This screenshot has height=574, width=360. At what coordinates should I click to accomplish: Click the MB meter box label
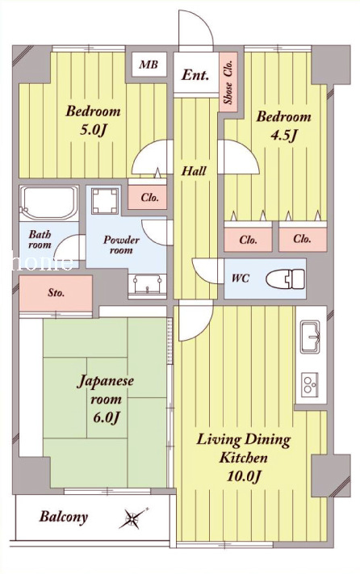click(149, 65)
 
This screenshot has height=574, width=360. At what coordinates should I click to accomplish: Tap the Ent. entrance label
click(195, 75)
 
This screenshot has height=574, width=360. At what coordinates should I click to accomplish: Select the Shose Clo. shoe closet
click(228, 82)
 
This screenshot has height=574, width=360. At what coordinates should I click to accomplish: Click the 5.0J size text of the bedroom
click(93, 130)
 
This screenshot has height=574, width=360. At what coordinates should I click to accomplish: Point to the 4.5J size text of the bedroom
click(283, 136)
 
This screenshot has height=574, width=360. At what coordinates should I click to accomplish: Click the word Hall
click(194, 170)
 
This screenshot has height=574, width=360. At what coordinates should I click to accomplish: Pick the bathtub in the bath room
click(49, 203)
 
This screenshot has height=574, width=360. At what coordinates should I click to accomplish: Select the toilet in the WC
click(285, 279)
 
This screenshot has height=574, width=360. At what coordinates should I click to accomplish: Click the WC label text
click(241, 279)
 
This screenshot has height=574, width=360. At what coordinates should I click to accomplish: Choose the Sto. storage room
click(56, 293)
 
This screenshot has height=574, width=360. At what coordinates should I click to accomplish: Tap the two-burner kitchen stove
click(310, 384)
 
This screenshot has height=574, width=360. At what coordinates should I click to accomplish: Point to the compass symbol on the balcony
click(133, 518)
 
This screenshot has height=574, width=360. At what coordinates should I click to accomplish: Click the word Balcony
click(64, 517)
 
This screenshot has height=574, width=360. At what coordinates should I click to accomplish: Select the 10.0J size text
click(243, 476)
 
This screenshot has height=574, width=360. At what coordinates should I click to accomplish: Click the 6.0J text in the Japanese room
click(106, 417)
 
